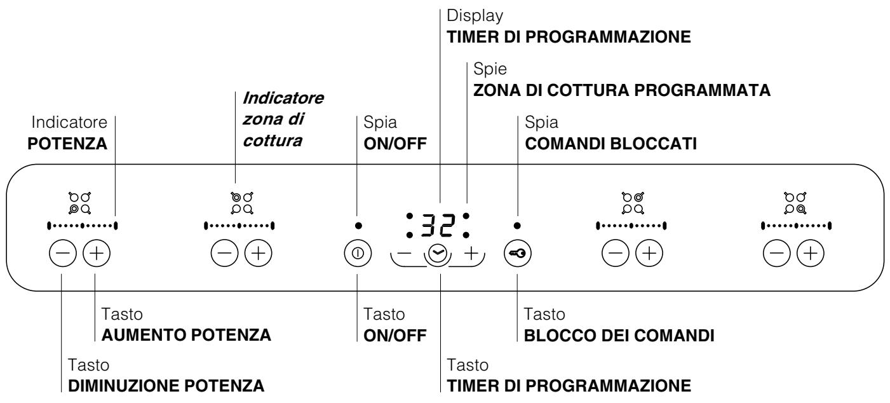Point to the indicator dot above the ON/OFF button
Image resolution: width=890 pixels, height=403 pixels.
tap(357, 225)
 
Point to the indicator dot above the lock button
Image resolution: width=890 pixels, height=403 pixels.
tap(517, 225)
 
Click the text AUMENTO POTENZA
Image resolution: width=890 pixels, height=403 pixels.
tap(186, 336)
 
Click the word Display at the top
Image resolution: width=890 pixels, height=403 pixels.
tap(468, 13)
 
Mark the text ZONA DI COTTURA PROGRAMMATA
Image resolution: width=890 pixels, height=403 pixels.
tap(621, 91)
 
